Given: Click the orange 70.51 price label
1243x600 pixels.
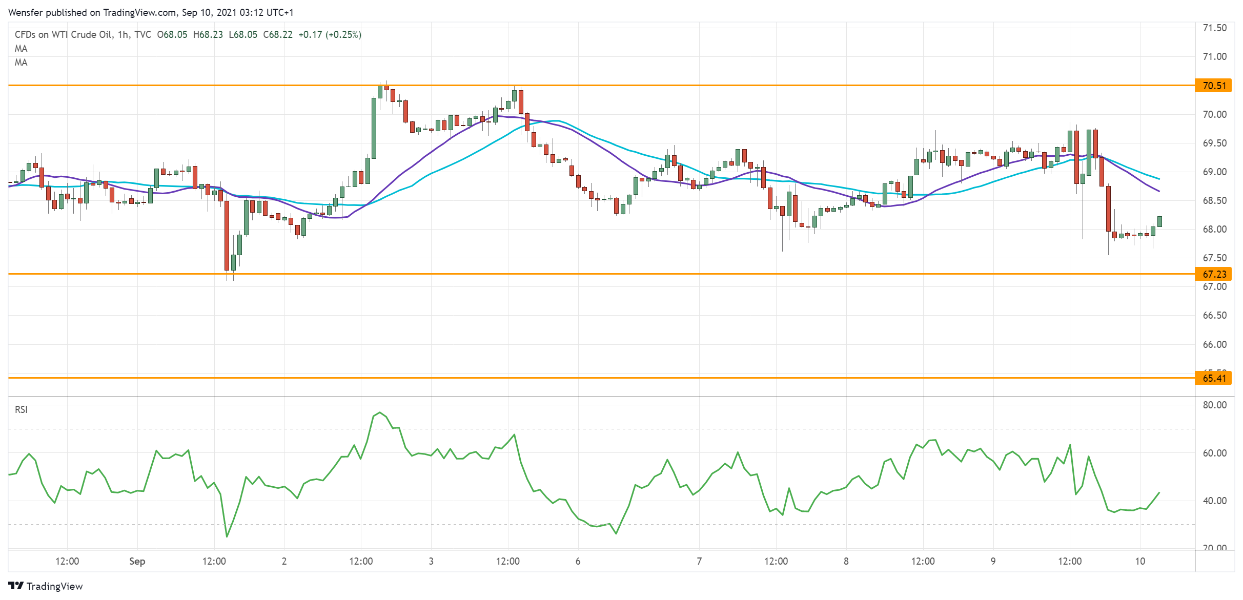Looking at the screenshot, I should point(1214,86).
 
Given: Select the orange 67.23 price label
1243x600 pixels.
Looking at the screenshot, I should point(1214,274).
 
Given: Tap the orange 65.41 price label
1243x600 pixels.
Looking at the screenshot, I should point(1214,378).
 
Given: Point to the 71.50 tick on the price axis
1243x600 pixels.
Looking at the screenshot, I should point(1215,28).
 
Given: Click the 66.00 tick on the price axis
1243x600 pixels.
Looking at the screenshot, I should point(1215,344).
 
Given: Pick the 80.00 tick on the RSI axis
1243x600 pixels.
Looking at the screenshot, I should point(1215,405).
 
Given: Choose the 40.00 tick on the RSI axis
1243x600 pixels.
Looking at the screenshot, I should point(1215,501).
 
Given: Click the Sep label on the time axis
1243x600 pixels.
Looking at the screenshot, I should point(137,561).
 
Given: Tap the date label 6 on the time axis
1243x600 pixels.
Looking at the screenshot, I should point(578,561).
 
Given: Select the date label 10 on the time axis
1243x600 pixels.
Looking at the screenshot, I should point(1140,561).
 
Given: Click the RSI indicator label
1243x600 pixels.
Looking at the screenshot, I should point(21,409).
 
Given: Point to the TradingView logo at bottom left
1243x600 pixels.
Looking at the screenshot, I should point(46,586).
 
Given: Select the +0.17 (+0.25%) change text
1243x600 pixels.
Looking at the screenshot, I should point(330,34).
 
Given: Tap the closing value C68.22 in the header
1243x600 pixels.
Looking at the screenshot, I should point(278,34).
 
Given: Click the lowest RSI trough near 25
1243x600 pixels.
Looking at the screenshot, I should point(227,536).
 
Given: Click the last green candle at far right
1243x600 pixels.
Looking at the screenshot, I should point(1159,221).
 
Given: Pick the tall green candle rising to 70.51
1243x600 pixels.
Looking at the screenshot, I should point(374,128).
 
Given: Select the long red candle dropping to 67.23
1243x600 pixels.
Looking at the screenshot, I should point(227,236).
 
